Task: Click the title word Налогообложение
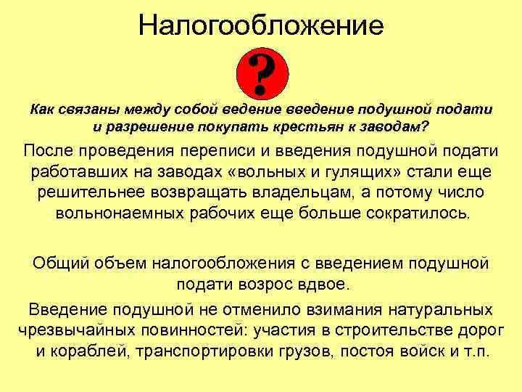(x=261, y=25)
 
